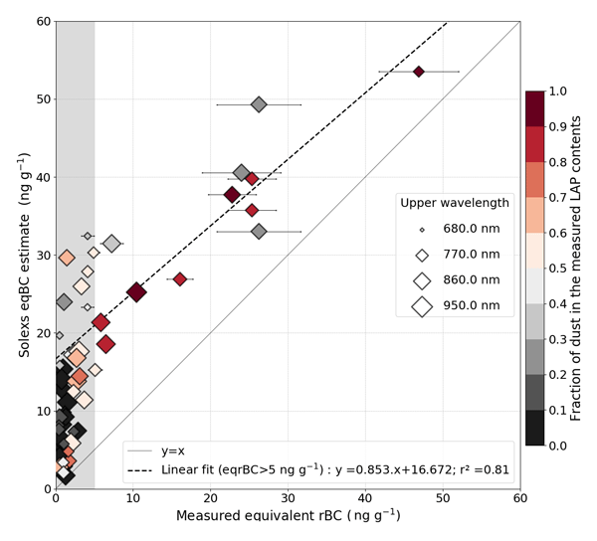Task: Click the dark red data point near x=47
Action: tap(419, 72)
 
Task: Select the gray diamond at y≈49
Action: tap(259, 104)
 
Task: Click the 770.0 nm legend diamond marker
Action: tap(422, 255)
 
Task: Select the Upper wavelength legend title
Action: tap(455, 203)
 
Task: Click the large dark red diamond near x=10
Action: tap(136, 292)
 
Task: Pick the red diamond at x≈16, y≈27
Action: tap(180, 279)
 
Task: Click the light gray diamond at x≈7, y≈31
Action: tap(111, 244)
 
